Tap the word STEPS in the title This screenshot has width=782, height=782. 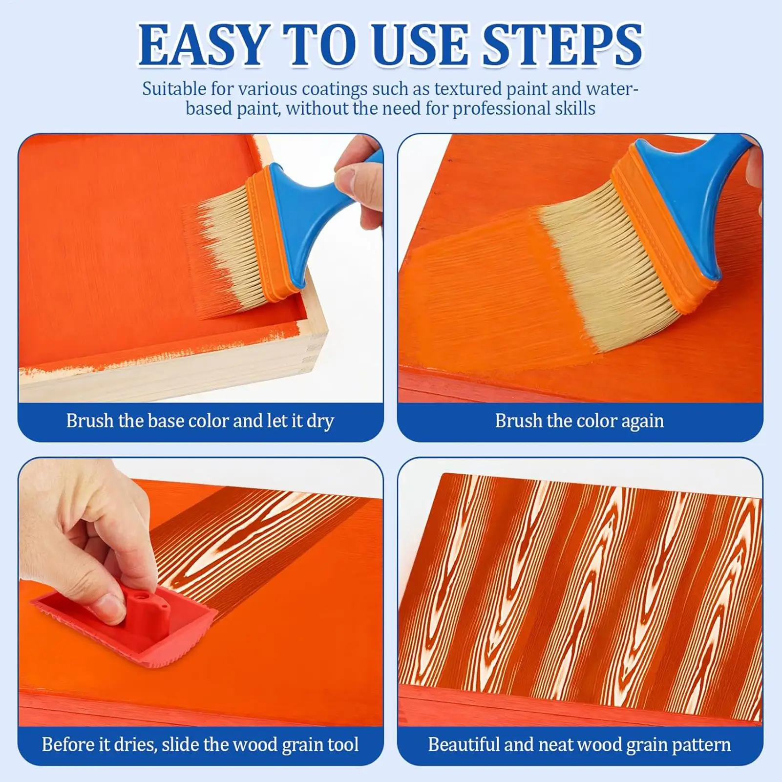click(x=562, y=45)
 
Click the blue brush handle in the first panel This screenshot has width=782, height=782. click(x=313, y=215)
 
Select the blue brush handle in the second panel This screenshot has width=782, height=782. click(x=694, y=195)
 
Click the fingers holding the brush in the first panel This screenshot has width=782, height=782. click(x=361, y=181)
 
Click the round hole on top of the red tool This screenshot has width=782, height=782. click(x=142, y=597)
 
